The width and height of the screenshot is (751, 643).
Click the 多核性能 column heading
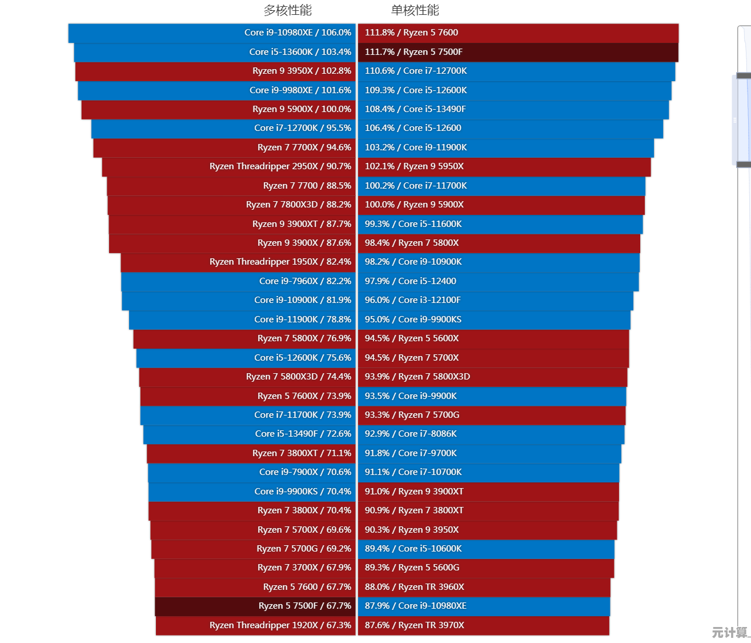coord(287,10)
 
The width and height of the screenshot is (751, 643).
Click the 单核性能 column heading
coord(415,10)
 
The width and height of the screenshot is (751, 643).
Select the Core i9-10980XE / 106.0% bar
coord(212,33)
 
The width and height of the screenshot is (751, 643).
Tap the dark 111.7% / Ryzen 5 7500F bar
coord(518,52)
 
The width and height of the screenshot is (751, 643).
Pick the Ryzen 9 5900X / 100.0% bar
coord(218,109)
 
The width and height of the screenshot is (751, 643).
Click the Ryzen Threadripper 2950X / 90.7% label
coord(280,166)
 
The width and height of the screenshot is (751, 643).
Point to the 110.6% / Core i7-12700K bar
coord(516,71)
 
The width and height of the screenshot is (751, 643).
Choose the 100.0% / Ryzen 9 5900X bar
coord(501,205)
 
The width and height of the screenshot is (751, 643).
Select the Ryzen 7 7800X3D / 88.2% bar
coord(231,205)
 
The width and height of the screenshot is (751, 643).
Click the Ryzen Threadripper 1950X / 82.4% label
coord(280,262)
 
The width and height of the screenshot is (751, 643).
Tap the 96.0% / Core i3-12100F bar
coord(495,300)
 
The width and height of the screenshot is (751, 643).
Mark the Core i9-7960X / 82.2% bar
coord(238,281)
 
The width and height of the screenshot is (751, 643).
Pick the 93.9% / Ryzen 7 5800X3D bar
coord(492,377)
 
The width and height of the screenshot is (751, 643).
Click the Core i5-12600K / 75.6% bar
coord(246,358)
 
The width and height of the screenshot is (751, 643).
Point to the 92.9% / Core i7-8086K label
coord(411,434)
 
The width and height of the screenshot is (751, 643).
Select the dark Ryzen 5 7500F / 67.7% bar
coord(255,606)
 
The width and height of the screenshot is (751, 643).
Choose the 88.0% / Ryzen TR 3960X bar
coord(484,587)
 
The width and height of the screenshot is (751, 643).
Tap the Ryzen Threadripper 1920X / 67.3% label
coord(280,625)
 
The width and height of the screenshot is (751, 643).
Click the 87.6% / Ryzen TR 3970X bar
coord(483,625)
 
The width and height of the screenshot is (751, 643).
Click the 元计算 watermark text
coord(729,632)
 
